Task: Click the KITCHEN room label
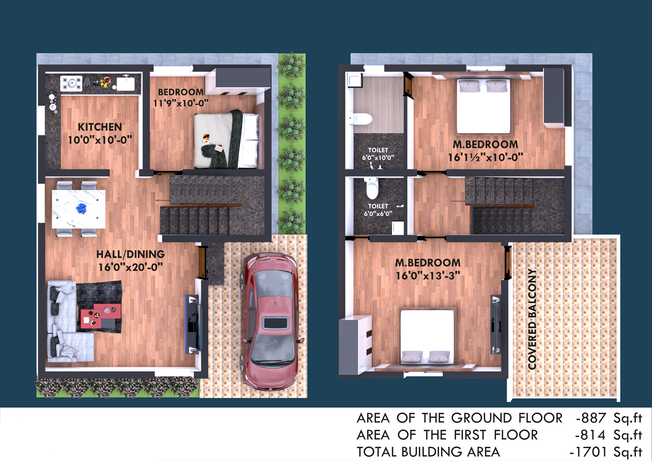(100, 127)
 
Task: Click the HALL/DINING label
(130, 254)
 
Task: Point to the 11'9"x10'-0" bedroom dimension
(181, 103)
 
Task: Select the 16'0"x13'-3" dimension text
(428, 275)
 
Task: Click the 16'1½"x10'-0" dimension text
(485, 157)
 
